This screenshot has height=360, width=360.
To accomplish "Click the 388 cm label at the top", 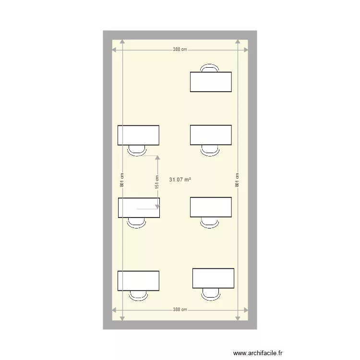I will [x=180, y=49].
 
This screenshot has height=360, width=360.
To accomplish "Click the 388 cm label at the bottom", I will [x=180, y=310].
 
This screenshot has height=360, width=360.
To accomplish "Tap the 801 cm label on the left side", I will [x=122, y=180].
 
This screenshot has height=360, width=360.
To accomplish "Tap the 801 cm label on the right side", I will [x=238, y=180].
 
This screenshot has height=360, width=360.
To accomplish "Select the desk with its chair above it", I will [x=211, y=82].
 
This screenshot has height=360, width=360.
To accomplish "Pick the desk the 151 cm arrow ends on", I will [x=139, y=207].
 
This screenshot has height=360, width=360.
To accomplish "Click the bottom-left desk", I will [x=138, y=281].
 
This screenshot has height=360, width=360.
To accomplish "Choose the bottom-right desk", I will [x=213, y=278].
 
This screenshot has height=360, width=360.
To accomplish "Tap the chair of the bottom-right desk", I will [x=211, y=293].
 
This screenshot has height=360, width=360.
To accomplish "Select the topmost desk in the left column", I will [x=138, y=135].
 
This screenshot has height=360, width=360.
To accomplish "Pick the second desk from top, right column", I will [x=211, y=135].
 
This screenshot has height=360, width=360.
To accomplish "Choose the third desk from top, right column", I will [x=211, y=207].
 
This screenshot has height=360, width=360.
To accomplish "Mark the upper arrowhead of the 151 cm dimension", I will [x=157, y=158].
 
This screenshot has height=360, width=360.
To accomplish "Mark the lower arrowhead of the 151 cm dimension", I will [x=157, y=206].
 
